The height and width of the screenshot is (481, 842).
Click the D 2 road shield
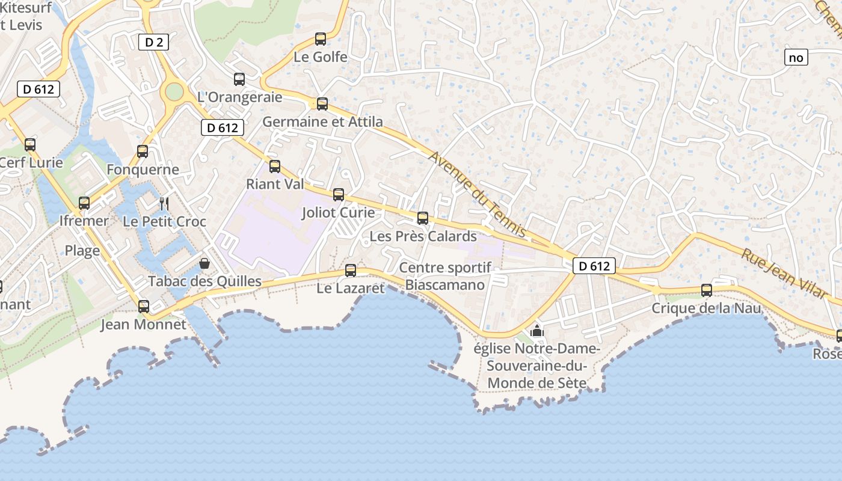(153, 42)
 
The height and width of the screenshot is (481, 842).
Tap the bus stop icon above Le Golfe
(321, 39)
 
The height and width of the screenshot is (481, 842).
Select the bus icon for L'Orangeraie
(239, 79)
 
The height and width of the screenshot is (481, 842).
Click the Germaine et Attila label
(322, 122)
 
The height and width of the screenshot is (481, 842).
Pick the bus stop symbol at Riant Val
(275, 166)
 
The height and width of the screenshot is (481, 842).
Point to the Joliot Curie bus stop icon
(339, 194)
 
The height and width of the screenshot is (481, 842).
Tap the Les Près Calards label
(423, 236)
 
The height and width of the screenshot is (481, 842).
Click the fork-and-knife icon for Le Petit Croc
(164, 203)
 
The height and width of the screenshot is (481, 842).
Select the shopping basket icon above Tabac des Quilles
(204, 263)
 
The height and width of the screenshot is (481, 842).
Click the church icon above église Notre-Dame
(537, 331)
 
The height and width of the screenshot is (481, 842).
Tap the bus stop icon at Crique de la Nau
(707, 290)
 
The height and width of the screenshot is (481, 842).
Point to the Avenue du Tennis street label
(478, 194)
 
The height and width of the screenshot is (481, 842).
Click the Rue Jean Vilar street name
(784, 273)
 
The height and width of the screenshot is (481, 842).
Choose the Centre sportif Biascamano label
(445, 276)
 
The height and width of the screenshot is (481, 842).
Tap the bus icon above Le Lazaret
(351, 271)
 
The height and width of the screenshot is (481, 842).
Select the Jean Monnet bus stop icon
(143, 306)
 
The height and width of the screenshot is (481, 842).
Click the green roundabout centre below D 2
(174, 92)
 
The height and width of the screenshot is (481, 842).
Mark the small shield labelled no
(796, 58)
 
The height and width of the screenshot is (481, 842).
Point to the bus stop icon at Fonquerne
(143, 151)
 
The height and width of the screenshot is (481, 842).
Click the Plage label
(82, 251)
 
